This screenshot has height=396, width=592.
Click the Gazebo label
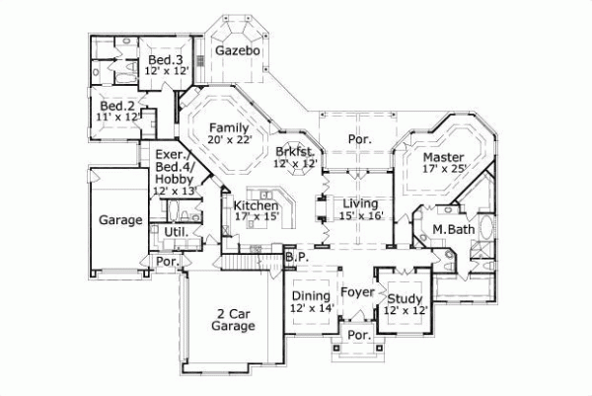click(x=238, y=49)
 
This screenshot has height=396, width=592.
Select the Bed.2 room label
click(x=117, y=106)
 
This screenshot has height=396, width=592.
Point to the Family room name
click(x=229, y=127)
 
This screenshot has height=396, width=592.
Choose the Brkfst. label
click(x=295, y=151)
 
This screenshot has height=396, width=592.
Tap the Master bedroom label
click(x=443, y=156)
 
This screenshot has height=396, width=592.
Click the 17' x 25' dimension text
click(x=443, y=169)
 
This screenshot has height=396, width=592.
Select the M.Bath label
click(x=454, y=230)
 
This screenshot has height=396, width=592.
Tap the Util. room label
click(x=176, y=232)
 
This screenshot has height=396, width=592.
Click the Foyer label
click(x=356, y=292)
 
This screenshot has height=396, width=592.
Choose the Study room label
click(x=405, y=299)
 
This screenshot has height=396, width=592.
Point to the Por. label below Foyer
click(x=356, y=337)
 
